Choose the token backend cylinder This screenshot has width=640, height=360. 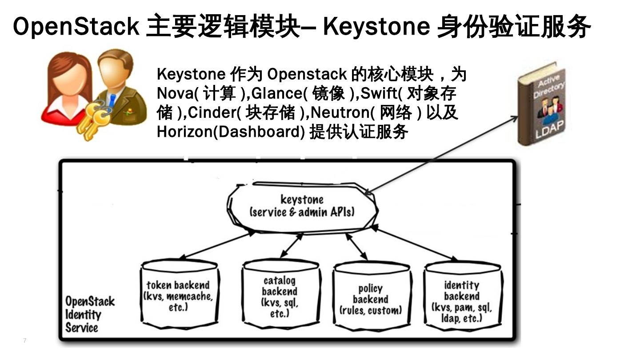[x=179, y=296]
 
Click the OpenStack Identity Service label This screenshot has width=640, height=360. [x=89, y=314]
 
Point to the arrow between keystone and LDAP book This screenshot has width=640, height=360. [x=442, y=154]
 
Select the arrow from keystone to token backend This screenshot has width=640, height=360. [x=218, y=245]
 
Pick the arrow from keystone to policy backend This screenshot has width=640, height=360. [x=357, y=246]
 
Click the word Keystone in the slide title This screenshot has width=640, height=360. [x=376, y=26]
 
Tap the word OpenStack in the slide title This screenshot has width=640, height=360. [x=76, y=26]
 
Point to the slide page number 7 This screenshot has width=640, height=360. [x=25, y=340]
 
